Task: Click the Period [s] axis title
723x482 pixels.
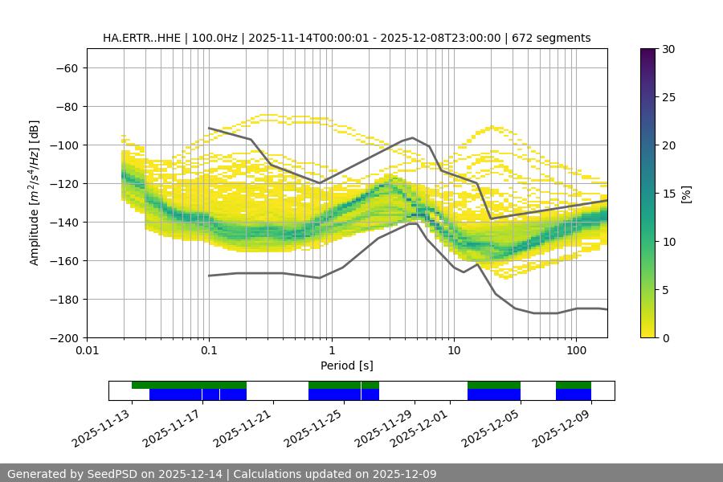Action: pos(346,366)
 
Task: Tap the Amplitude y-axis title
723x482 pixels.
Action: pos(35,193)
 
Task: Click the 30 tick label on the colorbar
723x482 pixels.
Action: pos(668,49)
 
